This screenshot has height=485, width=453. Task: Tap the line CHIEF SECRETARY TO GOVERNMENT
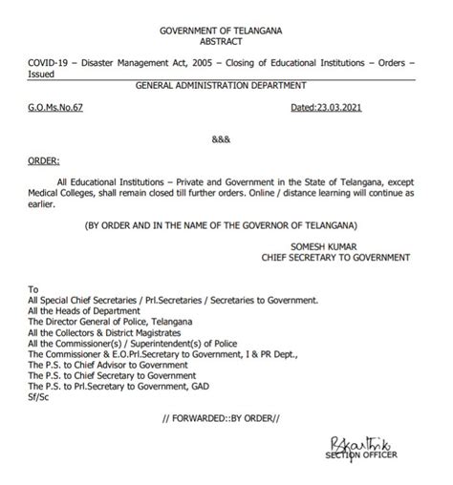(x=335, y=257)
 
